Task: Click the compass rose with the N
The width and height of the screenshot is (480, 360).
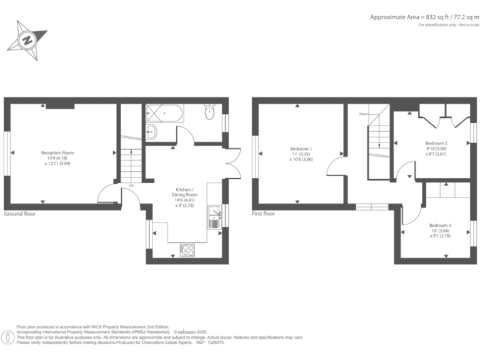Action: point(27,37)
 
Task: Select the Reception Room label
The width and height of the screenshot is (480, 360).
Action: point(57,156)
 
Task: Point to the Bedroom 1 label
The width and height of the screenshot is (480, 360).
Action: point(301,153)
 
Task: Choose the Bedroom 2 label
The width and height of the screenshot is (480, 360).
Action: point(436,147)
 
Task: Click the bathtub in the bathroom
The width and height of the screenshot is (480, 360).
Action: point(164,113)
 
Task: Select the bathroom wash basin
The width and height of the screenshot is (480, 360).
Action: point(151,132)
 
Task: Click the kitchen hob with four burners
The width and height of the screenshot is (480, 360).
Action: point(187,250)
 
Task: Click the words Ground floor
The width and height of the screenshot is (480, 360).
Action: point(20,214)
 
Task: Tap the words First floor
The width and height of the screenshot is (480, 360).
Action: point(264,214)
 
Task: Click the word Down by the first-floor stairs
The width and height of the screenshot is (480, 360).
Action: point(363,114)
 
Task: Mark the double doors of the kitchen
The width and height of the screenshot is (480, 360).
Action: point(231,164)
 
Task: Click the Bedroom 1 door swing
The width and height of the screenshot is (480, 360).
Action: point(336,167)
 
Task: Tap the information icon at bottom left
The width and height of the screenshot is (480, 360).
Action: point(7,337)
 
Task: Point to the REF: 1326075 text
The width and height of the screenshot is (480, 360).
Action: point(209,342)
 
